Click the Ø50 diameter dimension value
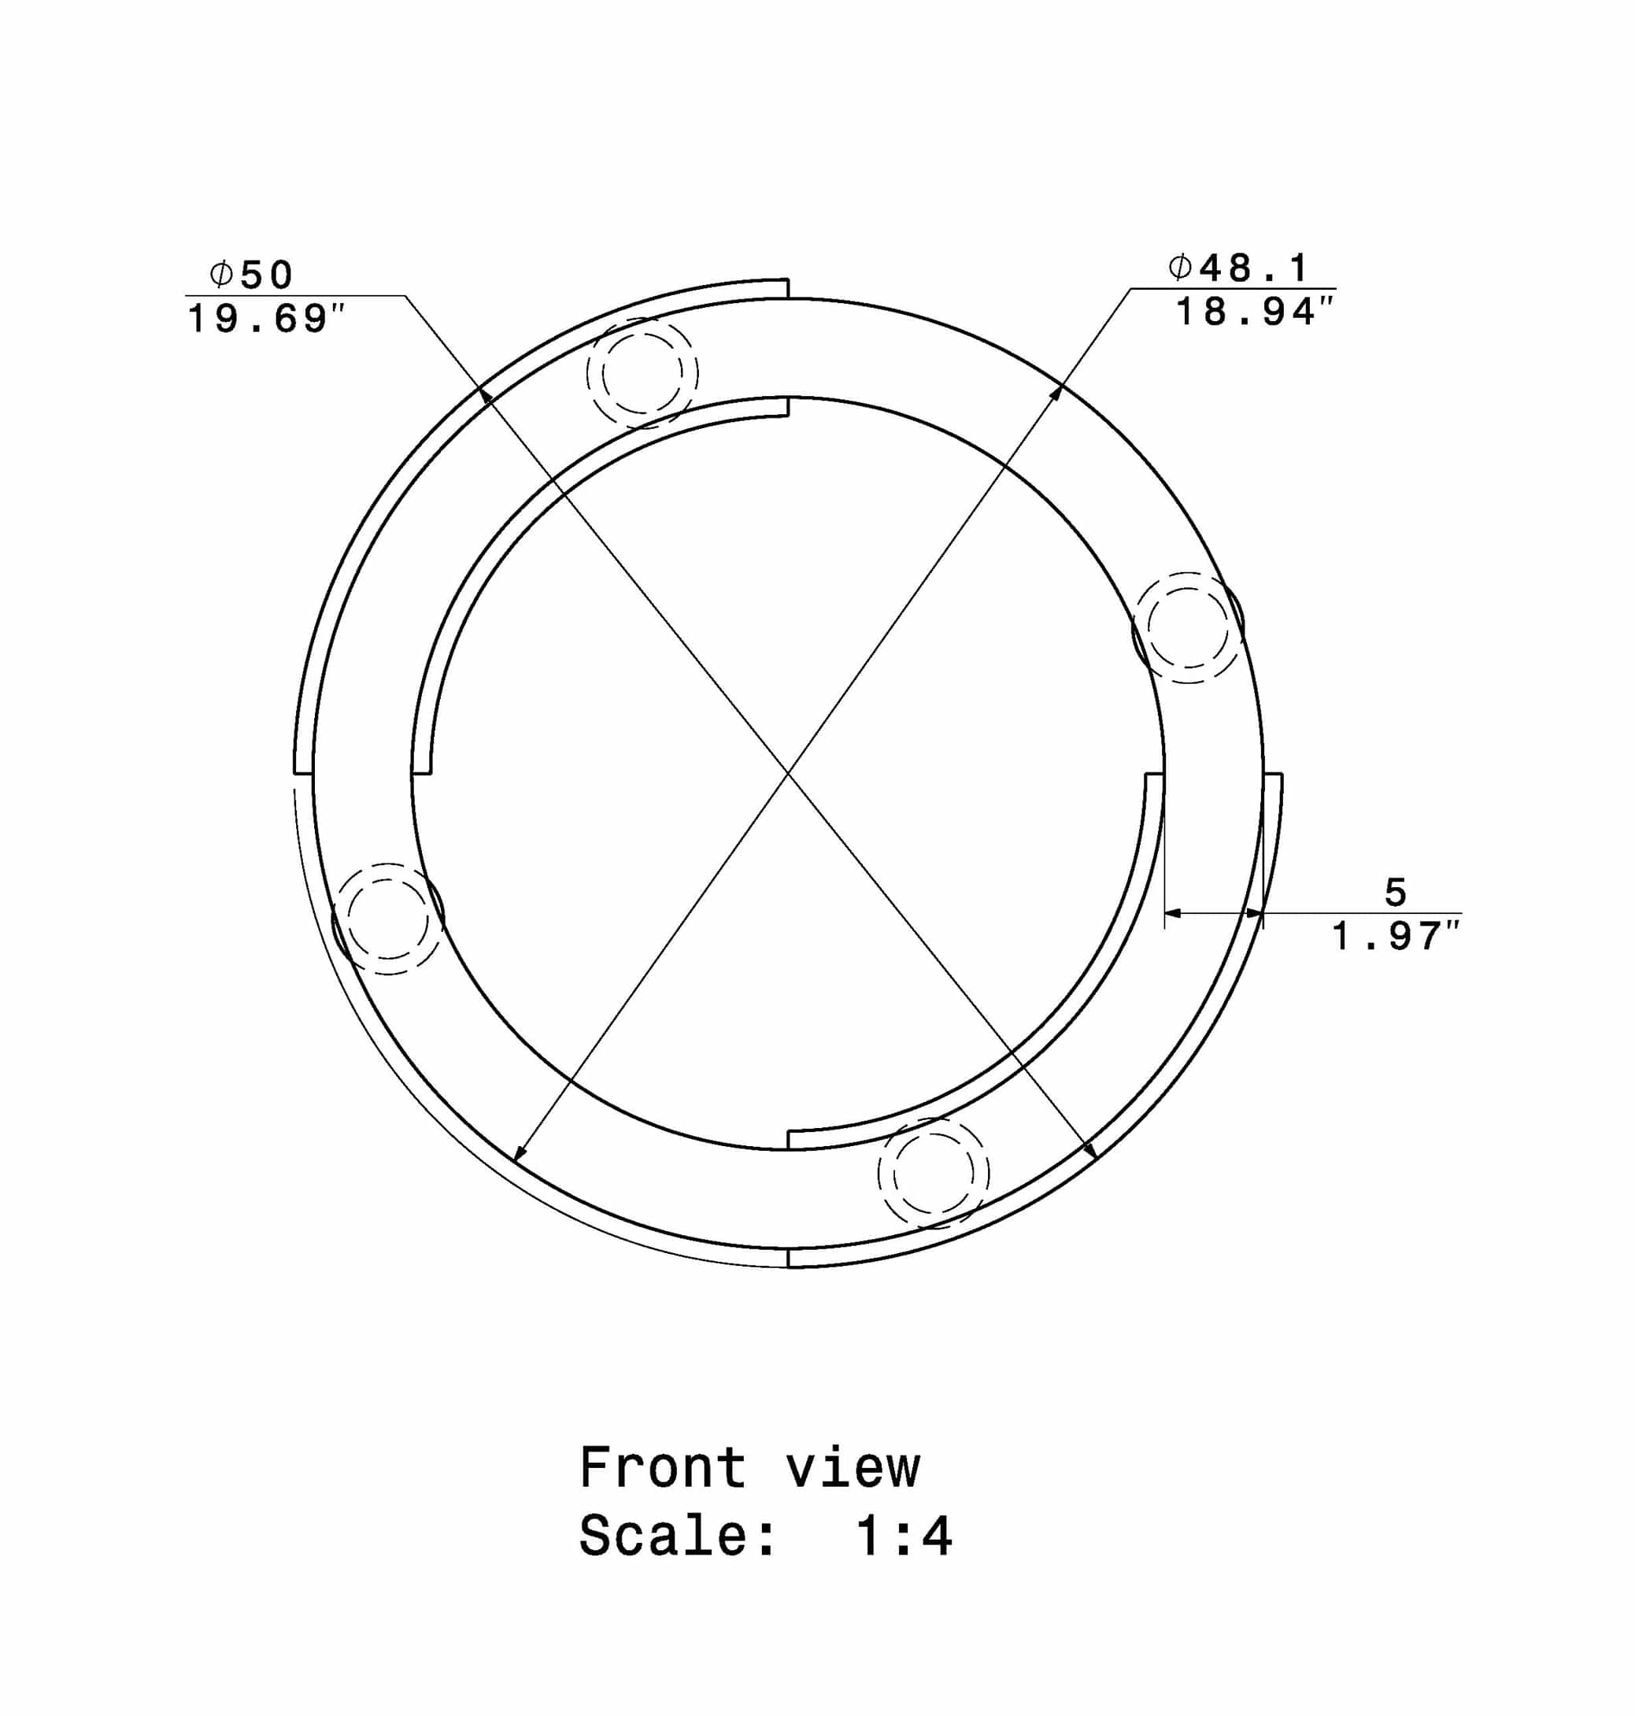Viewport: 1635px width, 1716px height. pyautogui.click(x=251, y=276)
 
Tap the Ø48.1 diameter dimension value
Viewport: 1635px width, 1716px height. pyautogui.click(x=1238, y=268)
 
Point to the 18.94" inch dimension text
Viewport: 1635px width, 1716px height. pyautogui.click(x=1255, y=312)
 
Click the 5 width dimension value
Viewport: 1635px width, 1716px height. pyautogui.click(x=1396, y=893)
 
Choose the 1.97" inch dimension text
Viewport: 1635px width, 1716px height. pyautogui.click(x=1396, y=937)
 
